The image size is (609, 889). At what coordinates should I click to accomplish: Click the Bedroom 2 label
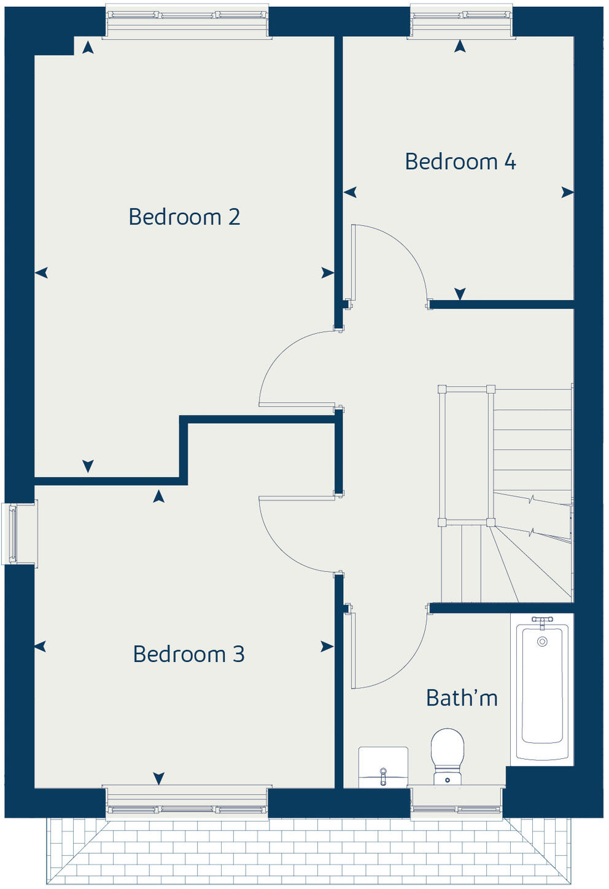184,217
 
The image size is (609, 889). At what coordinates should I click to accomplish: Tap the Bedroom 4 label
460,161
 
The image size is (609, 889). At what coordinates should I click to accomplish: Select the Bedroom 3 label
188,654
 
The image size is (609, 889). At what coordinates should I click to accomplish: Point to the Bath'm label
462,698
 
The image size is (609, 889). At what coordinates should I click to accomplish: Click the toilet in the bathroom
447,755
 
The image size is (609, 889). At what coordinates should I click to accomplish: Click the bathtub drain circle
542,642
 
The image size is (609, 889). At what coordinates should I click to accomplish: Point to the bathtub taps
542,622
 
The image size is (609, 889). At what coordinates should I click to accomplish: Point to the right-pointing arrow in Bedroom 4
567,193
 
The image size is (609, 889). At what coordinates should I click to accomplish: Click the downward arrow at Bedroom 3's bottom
159,778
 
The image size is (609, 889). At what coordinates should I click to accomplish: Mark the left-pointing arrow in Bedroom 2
41,273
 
